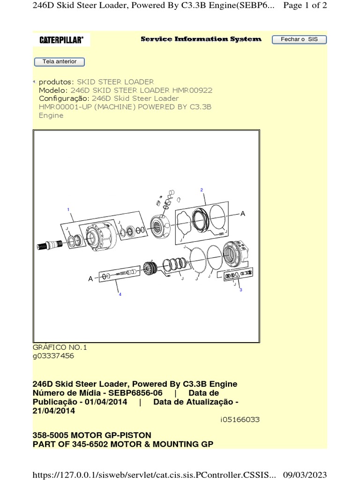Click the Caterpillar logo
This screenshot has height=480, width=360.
(x=61, y=40)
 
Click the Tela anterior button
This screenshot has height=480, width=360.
(x=60, y=61)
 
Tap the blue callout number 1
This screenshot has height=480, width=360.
(x=68, y=210)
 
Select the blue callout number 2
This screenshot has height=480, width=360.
(x=202, y=190)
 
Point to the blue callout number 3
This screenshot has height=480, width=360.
(x=241, y=290)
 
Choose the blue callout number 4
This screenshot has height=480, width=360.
(x=120, y=294)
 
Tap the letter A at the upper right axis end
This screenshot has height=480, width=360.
(x=243, y=214)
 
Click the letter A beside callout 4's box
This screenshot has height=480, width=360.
(x=90, y=278)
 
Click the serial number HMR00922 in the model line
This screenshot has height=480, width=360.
(x=192, y=90)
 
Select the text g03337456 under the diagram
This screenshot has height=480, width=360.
(x=53, y=356)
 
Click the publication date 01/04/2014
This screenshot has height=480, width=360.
(x=105, y=402)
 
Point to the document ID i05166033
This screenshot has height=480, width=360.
(x=240, y=420)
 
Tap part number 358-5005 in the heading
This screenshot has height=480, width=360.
(x=51, y=435)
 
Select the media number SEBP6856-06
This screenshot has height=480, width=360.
(x=135, y=393)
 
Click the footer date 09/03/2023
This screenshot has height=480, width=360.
(x=305, y=475)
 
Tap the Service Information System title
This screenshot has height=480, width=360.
(x=201, y=39)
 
